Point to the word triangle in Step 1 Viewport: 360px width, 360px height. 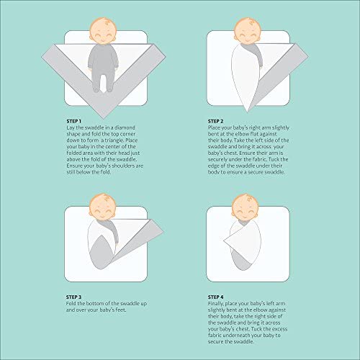tap(118, 140)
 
